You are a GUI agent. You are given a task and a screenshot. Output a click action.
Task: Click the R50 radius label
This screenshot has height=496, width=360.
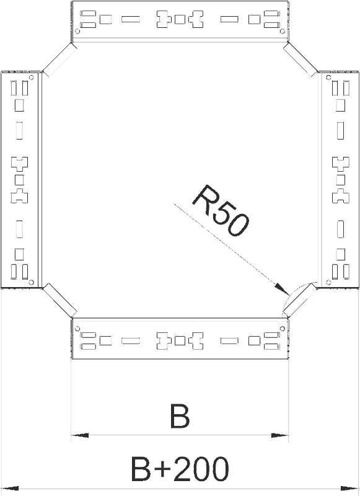pos(220,210)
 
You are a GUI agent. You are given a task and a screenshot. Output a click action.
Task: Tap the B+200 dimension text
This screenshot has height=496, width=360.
pos(179,469)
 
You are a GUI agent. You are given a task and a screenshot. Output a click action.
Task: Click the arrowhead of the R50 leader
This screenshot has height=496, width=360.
pos(281,288)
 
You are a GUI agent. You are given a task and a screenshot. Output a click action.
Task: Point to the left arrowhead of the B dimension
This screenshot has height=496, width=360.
pos(79,436)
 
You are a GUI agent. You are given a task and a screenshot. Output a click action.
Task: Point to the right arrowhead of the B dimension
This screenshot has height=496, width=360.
pos(280,436)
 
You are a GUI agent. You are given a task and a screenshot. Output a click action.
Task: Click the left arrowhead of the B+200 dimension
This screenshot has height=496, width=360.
pos(9,487)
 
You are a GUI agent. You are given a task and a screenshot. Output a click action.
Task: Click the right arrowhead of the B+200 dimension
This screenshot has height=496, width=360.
pos(350,487)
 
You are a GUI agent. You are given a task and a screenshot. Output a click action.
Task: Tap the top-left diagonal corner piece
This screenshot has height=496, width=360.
pos(59,60)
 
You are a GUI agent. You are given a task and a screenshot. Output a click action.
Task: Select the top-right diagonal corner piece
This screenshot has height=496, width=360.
pos(301,60)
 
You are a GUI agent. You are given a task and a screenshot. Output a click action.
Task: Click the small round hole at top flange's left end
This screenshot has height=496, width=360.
pos(77,31)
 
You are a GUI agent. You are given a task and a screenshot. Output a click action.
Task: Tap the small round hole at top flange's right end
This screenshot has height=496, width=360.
pos(283,31)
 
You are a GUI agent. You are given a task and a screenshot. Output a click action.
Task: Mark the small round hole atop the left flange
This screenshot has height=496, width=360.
pos(31,77)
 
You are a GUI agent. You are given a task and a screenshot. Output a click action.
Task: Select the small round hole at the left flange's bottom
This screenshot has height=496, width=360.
pos(31,281)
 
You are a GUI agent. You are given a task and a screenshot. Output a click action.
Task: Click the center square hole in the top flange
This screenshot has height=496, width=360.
pos(180,19)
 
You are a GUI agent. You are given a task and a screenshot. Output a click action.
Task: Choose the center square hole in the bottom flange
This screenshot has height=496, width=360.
pos(180,340)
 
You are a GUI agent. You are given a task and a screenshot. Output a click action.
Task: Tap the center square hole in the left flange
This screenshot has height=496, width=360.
pos(19,180)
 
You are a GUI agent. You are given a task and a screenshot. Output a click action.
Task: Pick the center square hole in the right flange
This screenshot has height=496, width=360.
pos(340,180)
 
